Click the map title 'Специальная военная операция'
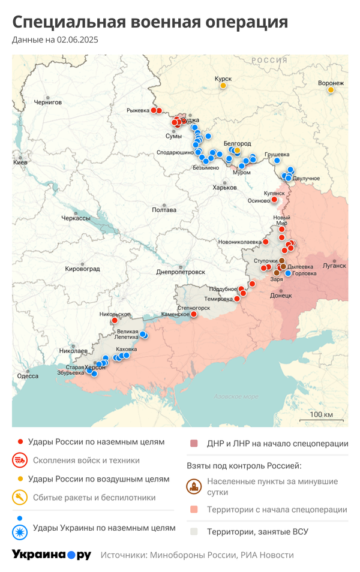(x=150, y=22)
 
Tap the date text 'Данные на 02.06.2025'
(x=55, y=40)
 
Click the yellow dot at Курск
(x=223, y=86)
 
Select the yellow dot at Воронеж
(x=331, y=90)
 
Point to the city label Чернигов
(x=48, y=103)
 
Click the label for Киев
(x=20, y=162)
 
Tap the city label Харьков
(x=225, y=188)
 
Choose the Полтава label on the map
(x=164, y=210)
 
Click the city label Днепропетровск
(x=181, y=272)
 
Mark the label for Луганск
(x=334, y=265)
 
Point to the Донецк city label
(x=281, y=296)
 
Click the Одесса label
(x=28, y=376)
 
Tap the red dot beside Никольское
(x=115, y=321)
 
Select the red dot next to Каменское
(x=193, y=314)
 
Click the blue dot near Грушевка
(x=277, y=161)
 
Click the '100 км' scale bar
(x=321, y=415)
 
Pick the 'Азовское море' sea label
(x=236, y=397)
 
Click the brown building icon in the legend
(x=194, y=486)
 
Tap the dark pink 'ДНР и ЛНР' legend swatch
(x=194, y=444)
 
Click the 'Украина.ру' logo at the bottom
(x=52, y=555)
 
